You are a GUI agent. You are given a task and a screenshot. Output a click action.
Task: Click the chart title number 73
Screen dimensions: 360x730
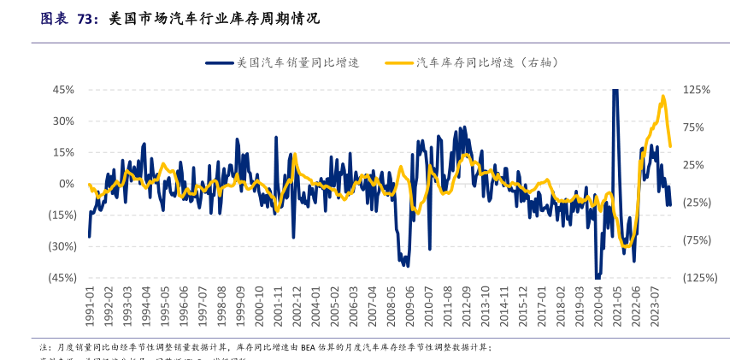(86, 18)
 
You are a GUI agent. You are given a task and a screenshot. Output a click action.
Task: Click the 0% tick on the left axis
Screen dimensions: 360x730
(68, 184)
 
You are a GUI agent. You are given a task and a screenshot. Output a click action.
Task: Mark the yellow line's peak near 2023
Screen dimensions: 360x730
(662, 97)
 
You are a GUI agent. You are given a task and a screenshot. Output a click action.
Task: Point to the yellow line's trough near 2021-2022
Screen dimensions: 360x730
(627, 246)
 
